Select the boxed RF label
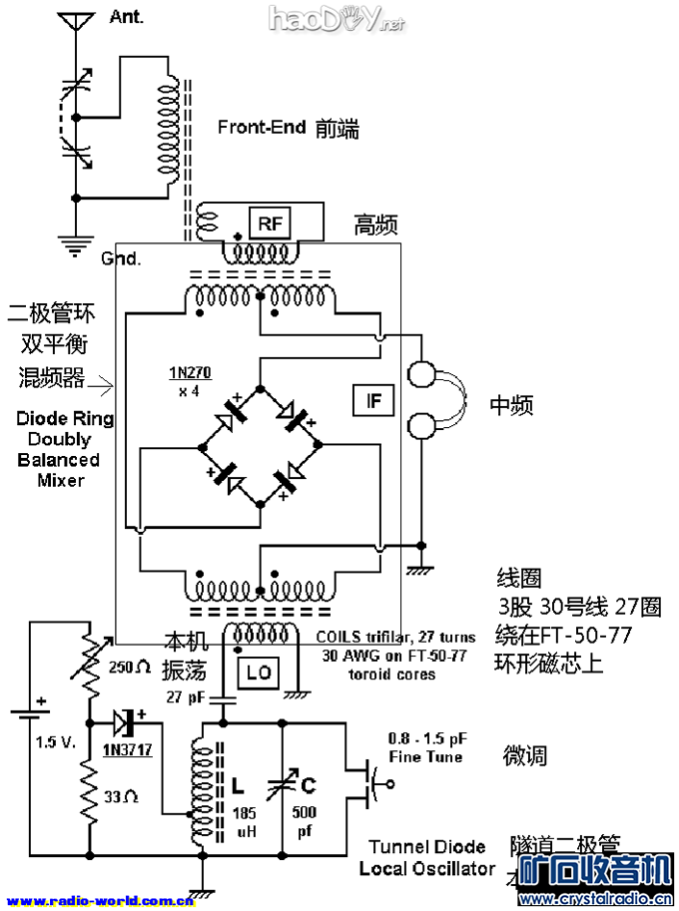pyautogui.click(x=269, y=223)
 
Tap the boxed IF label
pyautogui.click(x=374, y=401)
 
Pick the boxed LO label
pyautogui.click(x=259, y=674)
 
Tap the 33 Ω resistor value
pyautogui.click(x=122, y=795)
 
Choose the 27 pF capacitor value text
pyautogui.click(x=186, y=695)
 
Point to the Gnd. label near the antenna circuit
pyautogui.click(x=121, y=258)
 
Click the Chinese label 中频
pyautogui.click(x=511, y=405)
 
